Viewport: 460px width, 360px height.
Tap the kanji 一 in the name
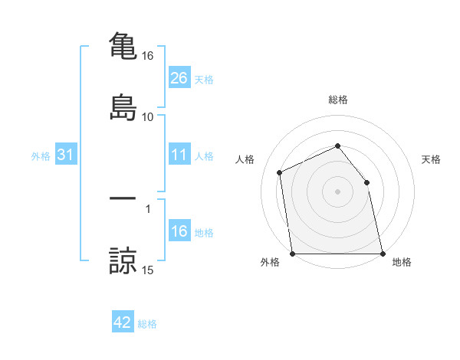(x=123, y=198)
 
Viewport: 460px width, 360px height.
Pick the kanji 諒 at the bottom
(x=123, y=260)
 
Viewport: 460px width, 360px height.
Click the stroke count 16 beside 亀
(x=148, y=56)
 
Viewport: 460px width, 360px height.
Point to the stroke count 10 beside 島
(x=148, y=116)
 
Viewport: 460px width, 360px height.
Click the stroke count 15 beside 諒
(x=148, y=270)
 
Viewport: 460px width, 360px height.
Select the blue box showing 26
(x=179, y=77)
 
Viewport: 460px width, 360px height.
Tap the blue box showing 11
(x=179, y=155)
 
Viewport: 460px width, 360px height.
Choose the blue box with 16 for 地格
(x=179, y=231)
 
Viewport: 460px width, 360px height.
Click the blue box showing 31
(x=66, y=155)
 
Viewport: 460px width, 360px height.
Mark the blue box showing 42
(x=123, y=322)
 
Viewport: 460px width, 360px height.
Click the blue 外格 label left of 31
(x=41, y=155)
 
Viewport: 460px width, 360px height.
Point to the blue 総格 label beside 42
(x=147, y=324)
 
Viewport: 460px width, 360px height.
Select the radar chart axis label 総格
(x=338, y=100)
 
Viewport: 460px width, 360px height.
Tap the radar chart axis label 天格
(x=432, y=159)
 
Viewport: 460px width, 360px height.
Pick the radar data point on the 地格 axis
(x=382, y=253)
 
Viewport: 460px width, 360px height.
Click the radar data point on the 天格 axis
(x=366, y=182)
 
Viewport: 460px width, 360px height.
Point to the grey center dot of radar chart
(x=338, y=191)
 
